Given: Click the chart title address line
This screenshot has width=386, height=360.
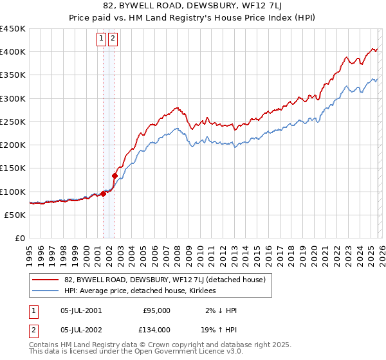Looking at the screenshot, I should tap(193, 6).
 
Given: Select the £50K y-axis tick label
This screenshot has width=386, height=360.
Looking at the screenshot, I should tap(15, 215).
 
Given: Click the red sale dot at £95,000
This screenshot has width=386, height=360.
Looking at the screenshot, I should tap(103, 194).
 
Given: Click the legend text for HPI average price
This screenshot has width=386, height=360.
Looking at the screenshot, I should tap(140, 291).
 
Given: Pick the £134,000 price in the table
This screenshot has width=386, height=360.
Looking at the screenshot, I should tap(156, 329).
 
